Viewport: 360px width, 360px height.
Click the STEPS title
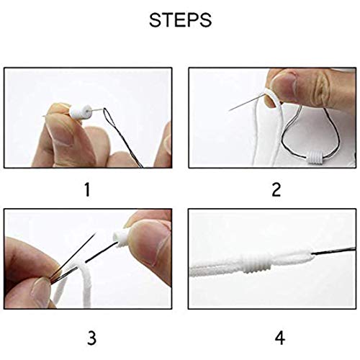(x=180, y=21)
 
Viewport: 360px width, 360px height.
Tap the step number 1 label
(x=88, y=190)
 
